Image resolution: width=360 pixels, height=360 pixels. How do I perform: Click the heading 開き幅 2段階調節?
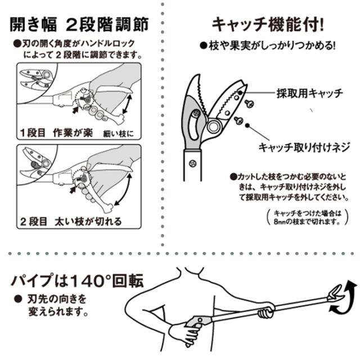79,25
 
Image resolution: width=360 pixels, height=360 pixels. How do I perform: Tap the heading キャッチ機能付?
268,25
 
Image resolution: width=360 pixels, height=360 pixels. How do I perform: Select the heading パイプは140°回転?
78,281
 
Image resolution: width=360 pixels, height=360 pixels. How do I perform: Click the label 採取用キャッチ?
310,93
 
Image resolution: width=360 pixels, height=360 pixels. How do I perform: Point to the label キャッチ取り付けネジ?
304,147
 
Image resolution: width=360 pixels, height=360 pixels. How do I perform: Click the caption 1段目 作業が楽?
56,133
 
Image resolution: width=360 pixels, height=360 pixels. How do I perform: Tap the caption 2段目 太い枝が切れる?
71,222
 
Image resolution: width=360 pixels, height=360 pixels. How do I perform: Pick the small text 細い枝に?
118,134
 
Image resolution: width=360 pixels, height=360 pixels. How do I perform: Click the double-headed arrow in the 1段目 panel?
128,103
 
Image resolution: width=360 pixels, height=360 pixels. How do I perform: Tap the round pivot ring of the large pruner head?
214,127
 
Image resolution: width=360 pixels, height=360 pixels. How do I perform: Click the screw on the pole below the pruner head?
193,164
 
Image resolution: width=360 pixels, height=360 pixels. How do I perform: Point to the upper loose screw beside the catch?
249,103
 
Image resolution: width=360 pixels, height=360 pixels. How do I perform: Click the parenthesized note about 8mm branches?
308,217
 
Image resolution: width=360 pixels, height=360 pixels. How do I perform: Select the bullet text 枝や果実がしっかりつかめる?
268,46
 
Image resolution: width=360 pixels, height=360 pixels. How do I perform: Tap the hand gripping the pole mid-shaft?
266,310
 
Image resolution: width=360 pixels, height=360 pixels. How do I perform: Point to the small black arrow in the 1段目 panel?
75,110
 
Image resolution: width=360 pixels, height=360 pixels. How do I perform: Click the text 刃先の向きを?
57,299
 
